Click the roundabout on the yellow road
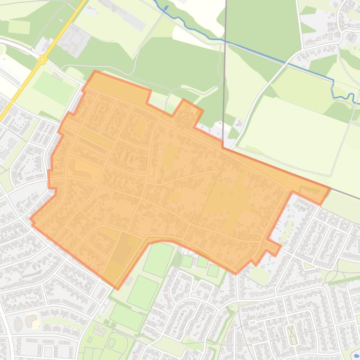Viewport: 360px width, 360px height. point(43,59)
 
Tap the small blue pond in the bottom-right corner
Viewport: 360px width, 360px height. point(357,355)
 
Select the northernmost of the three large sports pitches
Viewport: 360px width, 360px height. point(158,259)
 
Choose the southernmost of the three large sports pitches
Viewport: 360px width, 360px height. point(127,317)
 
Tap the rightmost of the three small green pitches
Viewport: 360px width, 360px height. point(213,270)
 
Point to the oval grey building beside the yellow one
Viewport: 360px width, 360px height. point(18,324)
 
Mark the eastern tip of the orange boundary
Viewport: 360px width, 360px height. point(330,188)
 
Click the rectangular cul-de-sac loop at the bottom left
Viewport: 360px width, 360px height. point(48,351)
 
